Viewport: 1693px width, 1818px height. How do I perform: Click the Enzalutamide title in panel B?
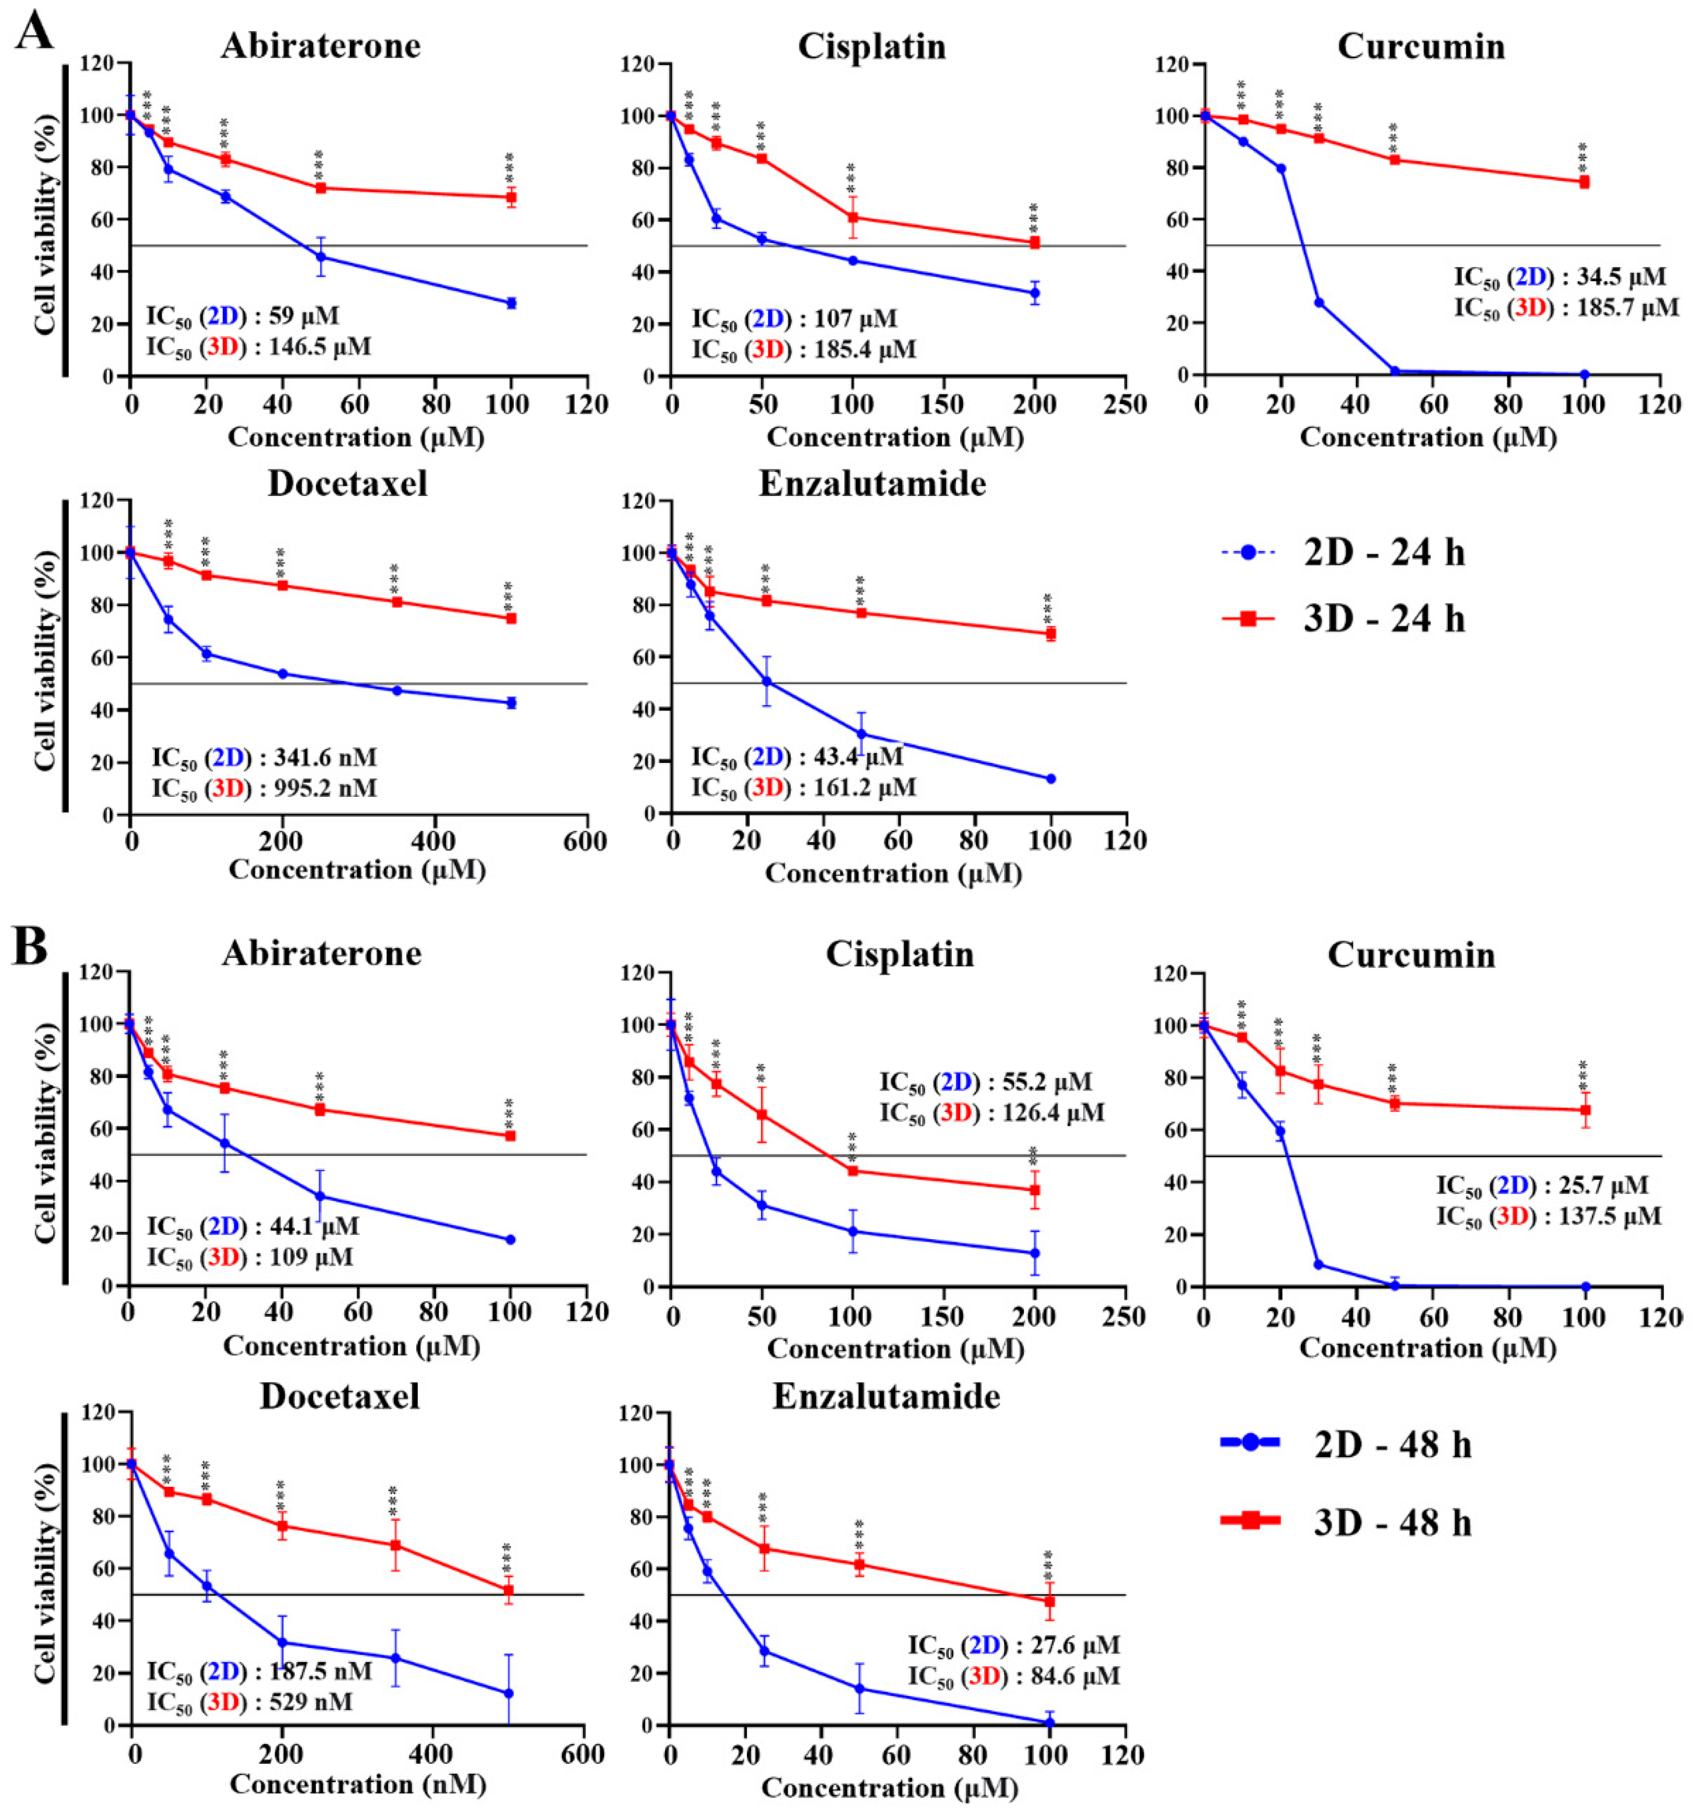pos(886,1397)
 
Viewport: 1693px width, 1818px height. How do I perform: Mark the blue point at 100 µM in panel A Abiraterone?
pos(511,302)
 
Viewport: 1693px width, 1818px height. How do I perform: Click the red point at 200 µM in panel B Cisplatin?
pos(1034,1190)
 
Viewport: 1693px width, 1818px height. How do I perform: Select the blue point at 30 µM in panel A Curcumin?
pos(1318,302)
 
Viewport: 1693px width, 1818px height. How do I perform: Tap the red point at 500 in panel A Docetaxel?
pos(511,618)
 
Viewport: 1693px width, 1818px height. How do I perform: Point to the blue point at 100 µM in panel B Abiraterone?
pos(511,1239)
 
